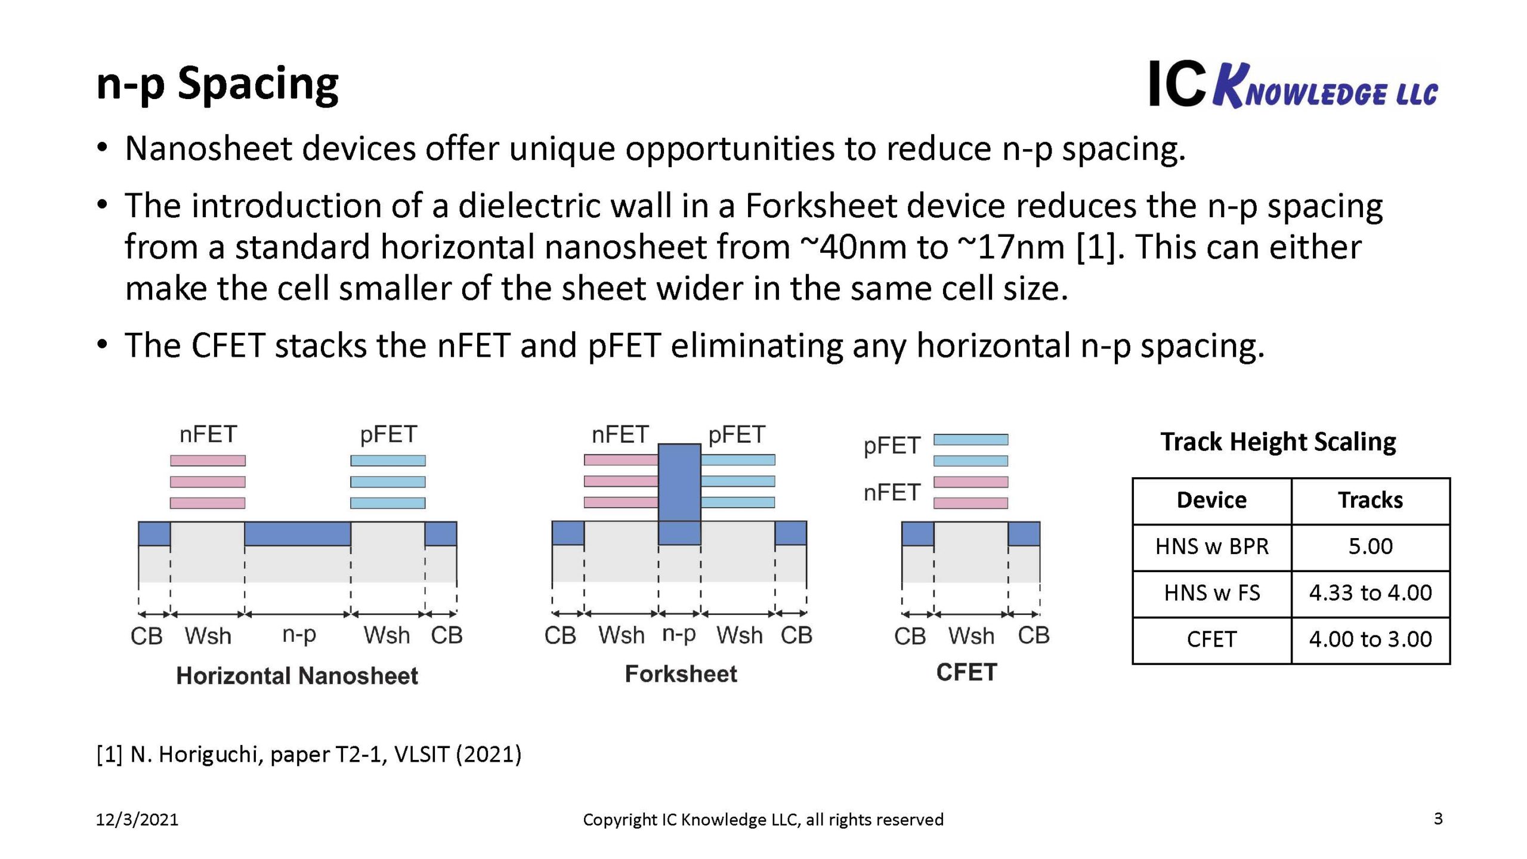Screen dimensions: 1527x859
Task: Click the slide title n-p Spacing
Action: (217, 85)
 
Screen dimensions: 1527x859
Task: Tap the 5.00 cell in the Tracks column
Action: (1370, 546)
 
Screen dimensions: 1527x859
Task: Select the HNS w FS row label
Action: (1211, 593)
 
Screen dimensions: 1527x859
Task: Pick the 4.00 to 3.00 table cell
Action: (1370, 639)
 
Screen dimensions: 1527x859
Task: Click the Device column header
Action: (1211, 500)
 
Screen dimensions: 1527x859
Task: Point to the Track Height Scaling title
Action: (1278, 442)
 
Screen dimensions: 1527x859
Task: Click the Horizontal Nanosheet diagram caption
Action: (297, 676)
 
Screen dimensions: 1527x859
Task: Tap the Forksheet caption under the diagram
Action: (681, 674)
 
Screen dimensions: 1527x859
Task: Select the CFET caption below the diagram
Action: (966, 672)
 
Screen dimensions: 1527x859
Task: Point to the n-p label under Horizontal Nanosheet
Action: (299, 635)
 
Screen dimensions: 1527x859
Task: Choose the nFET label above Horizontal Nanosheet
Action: (208, 434)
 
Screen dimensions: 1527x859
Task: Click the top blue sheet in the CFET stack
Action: (970, 440)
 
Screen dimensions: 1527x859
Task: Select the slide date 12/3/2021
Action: (137, 820)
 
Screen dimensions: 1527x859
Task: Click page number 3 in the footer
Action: (1438, 818)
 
